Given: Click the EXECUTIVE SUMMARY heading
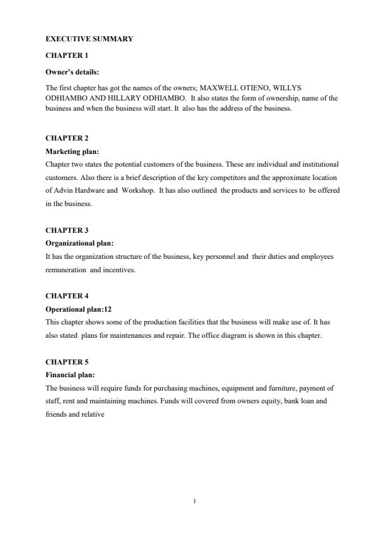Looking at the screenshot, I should [x=90, y=39].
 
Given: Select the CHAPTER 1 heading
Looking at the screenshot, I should [x=67, y=55].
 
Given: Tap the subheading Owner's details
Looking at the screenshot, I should [x=72, y=72].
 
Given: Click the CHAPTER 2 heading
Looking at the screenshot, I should [x=67, y=138].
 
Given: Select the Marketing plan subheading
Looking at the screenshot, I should [x=72, y=152].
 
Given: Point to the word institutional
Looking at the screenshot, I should [x=320, y=164].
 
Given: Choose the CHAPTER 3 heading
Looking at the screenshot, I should [x=67, y=230].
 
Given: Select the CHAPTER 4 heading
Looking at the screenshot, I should [x=67, y=296].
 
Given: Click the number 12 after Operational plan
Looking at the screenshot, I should [x=108, y=309].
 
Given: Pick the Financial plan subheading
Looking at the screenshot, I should [x=70, y=375].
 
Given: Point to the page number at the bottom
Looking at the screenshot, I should [x=194, y=502].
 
